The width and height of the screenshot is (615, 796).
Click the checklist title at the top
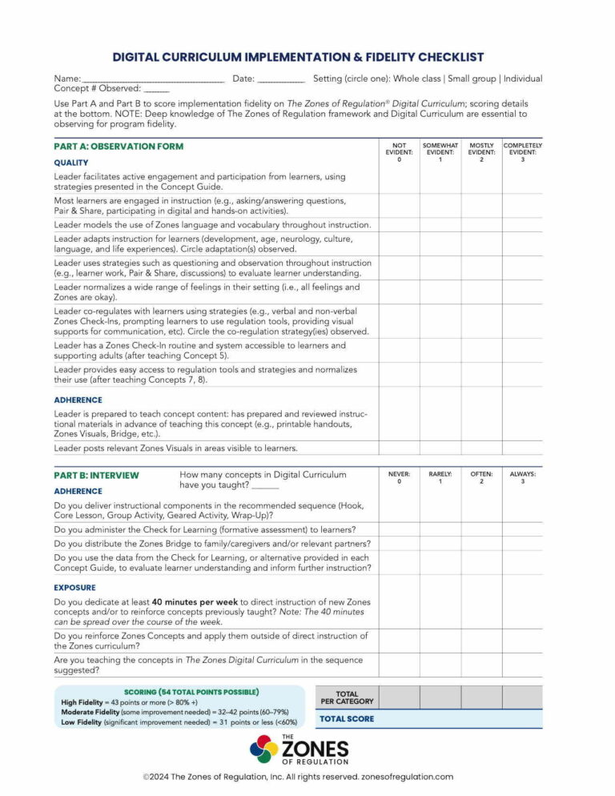[x=298, y=57]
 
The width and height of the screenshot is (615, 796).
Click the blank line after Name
[x=152, y=79]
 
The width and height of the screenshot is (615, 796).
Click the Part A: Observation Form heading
[x=119, y=147]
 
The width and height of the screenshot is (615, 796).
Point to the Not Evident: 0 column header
[x=399, y=152]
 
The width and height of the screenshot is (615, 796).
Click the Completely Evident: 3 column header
[x=523, y=152]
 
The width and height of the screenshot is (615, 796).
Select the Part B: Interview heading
[x=96, y=475]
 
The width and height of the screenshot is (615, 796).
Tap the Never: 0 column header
[x=399, y=477]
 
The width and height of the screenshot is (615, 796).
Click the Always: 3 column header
[x=523, y=477]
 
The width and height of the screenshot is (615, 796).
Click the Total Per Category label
[x=347, y=698]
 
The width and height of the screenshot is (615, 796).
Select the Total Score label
[x=347, y=718]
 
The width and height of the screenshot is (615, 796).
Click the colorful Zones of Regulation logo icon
[x=263, y=750]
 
